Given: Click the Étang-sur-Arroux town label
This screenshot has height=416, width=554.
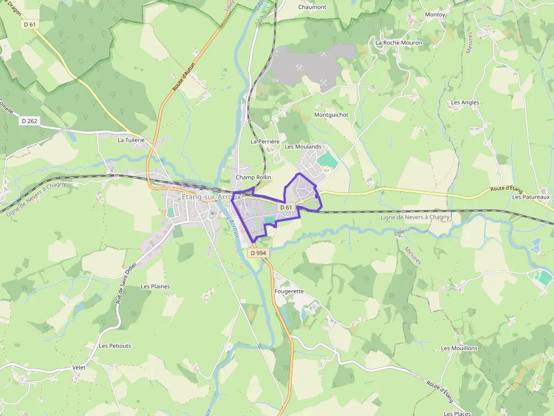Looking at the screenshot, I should tap(211, 197).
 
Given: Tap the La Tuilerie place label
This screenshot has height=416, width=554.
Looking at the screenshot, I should tap(131, 140).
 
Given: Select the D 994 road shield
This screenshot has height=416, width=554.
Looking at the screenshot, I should tap(258, 253).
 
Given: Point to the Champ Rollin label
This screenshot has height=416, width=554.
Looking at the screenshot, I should tap(253, 177).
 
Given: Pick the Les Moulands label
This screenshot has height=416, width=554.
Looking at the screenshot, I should tap(303, 147).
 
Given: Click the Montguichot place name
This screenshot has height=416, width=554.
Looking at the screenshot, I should tap(331, 115).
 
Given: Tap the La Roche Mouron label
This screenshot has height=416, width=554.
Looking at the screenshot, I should tap(399, 42).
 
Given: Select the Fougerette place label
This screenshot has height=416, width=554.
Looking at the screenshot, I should tap(289, 291).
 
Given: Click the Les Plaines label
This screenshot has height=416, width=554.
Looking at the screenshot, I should tap(155, 286).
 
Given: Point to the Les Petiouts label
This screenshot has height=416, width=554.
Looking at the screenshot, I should tap(115, 345).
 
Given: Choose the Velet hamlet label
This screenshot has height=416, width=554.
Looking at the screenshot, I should tap(79, 367).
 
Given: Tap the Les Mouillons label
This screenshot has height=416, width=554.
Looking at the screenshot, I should tap(459, 348).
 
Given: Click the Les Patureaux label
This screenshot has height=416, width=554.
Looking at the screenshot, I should tap(531, 197).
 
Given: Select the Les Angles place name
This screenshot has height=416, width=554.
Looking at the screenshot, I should tap(465, 103).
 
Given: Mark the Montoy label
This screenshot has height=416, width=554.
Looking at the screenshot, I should tap(435, 14).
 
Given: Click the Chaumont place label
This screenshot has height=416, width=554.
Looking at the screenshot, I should tap(313, 7).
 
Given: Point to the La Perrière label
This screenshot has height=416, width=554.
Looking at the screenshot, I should tap(265, 141).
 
